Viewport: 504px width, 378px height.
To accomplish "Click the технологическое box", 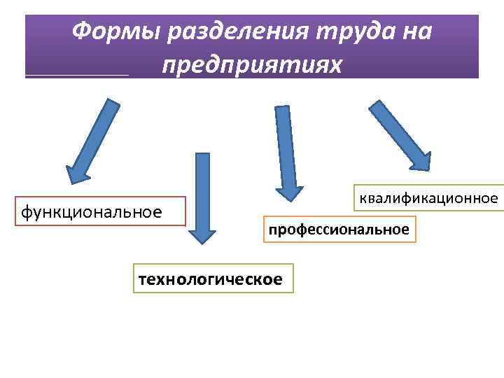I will [x=211, y=279].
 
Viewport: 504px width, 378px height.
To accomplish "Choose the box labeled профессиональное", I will [x=339, y=229].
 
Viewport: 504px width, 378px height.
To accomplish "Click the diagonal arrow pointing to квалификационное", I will [x=400, y=135].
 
